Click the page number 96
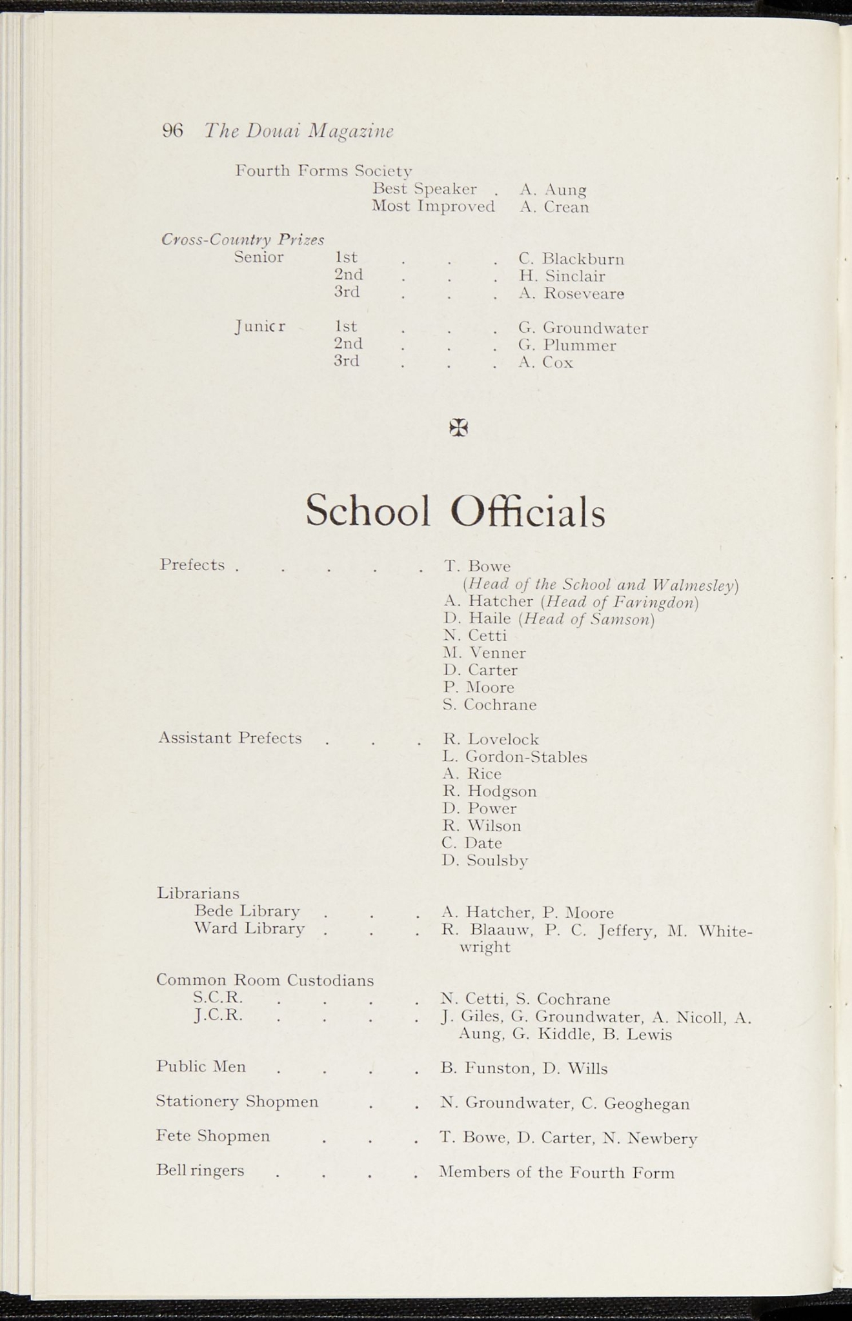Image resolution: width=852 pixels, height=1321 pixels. coord(172,131)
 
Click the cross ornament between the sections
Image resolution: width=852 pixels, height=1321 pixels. coord(458,427)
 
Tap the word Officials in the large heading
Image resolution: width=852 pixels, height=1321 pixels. coord(527,512)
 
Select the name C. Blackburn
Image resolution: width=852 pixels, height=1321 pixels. coord(571,259)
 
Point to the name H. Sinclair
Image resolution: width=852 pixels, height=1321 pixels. coord(562,277)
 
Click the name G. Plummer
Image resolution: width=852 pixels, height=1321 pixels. coord(567,346)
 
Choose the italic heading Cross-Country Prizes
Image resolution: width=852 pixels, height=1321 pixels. coord(243,240)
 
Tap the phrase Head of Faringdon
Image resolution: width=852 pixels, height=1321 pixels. coord(620,602)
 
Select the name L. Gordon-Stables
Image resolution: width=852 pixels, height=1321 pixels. coord(514,757)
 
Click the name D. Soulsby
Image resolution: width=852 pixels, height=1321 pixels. coord(485,860)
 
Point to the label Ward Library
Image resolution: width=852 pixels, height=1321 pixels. coord(249,929)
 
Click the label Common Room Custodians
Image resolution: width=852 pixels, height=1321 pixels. coord(265,980)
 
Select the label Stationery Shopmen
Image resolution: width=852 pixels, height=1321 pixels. coord(237,1102)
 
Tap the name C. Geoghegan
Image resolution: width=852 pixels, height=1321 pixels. coord(635,1104)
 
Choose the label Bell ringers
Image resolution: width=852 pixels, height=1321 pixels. coord(200,1171)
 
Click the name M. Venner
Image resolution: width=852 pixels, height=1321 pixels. coord(484,653)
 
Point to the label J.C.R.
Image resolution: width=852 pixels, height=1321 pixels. coord(218,1015)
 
